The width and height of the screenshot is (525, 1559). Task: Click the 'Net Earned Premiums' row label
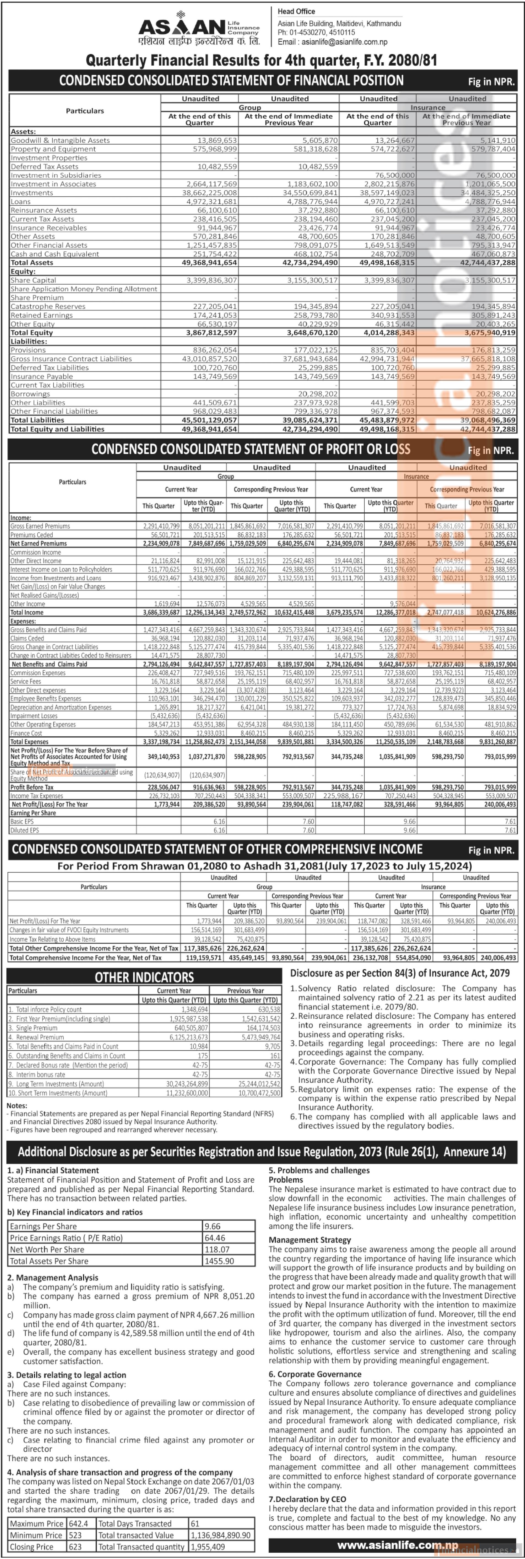[x=39, y=543]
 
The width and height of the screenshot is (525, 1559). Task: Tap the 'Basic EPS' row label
[x=22, y=821]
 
